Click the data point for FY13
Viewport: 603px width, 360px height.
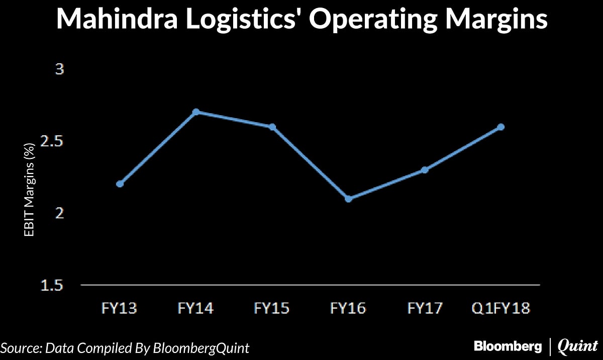pyautogui.click(x=120, y=184)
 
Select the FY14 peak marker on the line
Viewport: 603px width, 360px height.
pyautogui.click(x=196, y=112)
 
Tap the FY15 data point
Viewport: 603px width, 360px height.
pyautogui.click(x=272, y=127)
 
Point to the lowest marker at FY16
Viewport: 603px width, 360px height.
pyautogui.click(x=348, y=199)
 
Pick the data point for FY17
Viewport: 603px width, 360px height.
pyautogui.click(x=425, y=170)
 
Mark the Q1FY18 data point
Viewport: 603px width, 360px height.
pyautogui.click(x=501, y=127)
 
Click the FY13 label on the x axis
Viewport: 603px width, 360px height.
pyautogui.click(x=120, y=308)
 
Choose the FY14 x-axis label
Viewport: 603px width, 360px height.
pyautogui.click(x=196, y=308)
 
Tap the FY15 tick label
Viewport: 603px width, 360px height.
pyautogui.click(x=272, y=308)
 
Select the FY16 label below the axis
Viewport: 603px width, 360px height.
pyautogui.click(x=348, y=308)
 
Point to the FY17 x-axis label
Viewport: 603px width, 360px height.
pyautogui.click(x=425, y=308)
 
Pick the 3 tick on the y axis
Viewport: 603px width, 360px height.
pyautogui.click(x=60, y=69)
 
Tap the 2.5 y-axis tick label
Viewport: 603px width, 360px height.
pyautogui.click(x=53, y=142)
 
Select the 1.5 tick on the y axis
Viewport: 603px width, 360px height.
pyautogui.click(x=53, y=286)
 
